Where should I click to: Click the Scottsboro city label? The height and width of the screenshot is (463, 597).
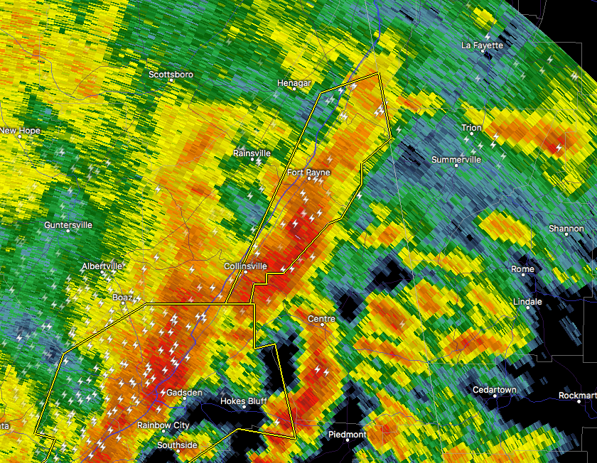[x=171, y=75]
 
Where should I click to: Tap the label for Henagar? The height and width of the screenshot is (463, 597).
[x=294, y=83]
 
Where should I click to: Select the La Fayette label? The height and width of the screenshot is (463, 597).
[x=482, y=45]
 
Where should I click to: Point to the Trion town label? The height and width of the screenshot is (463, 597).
[x=471, y=128]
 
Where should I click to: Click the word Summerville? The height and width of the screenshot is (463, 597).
[x=456, y=160]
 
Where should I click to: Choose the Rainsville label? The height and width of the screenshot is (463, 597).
[x=252, y=153]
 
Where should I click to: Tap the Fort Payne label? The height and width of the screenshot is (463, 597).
[x=308, y=173]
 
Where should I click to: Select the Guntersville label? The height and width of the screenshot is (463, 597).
[x=68, y=225]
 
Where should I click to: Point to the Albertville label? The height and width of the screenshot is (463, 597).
[x=102, y=266]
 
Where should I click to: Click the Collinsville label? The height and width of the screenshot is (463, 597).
[x=245, y=266]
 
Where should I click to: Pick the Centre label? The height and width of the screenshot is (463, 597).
[x=321, y=319]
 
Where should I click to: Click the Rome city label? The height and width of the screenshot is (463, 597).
[x=522, y=269]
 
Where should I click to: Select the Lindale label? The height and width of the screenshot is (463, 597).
[x=527, y=302]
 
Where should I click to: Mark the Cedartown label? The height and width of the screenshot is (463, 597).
[x=495, y=390]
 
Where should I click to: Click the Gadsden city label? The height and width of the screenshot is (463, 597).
[x=184, y=393]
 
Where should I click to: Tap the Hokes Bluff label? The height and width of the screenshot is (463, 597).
[x=243, y=401]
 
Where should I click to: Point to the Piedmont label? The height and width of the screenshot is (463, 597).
[x=348, y=434]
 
